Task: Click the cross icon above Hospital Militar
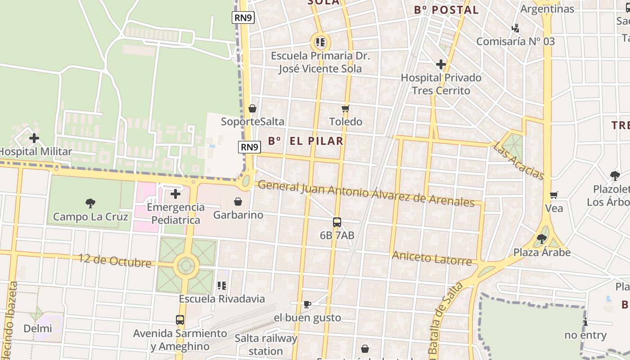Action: point(34,138)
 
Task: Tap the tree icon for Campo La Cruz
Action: point(90,203)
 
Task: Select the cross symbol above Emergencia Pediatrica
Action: point(175,194)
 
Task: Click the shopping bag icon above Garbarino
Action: point(238,202)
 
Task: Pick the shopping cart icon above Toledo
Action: point(346,108)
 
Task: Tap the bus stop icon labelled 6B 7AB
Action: point(337,222)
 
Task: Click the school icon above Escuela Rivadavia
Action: point(221,285)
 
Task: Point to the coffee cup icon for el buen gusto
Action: point(307,305)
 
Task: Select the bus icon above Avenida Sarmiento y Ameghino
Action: point(180,320)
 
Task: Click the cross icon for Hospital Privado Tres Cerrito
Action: point(441,64)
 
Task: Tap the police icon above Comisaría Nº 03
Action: point(515,28)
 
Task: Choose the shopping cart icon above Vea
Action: point(554,195)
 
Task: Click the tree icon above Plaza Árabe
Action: point(542,238)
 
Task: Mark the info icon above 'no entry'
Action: point(585,322)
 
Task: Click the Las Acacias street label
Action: point(519,161)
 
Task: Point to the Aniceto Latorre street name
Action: point(432,258)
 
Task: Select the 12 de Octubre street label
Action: point(115,261)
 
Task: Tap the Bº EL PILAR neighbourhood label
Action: point(306,141)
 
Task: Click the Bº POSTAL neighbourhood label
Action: point(446,10)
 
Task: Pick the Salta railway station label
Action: point(266,344)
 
